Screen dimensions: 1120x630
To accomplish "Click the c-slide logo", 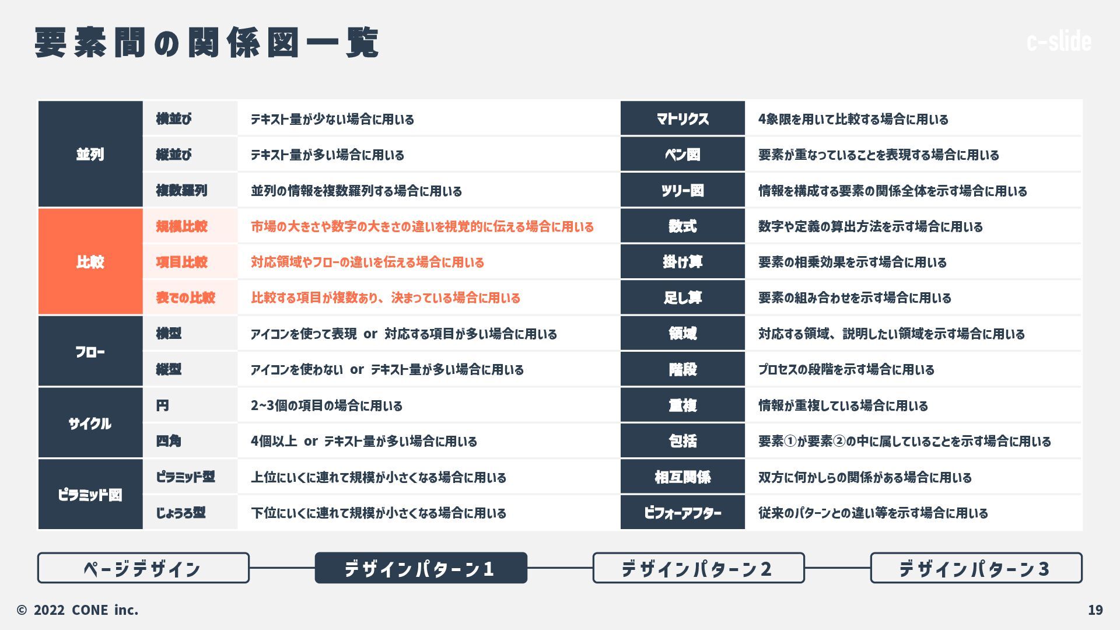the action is click(1058, 41).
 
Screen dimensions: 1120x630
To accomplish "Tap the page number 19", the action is click(1095, 610).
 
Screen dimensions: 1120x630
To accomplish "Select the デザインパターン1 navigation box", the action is click(421, 568).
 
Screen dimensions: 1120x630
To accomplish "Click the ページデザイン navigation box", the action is click(143, 568).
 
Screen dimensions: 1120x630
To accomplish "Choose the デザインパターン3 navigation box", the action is click(975, 568).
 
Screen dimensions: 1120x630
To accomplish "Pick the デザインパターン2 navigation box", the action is click(698, 568).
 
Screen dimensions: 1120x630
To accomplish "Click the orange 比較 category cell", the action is click(90, 262).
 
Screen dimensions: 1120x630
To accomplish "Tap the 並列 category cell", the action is click(90, 154).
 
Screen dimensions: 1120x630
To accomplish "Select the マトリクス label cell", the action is click(682, 118).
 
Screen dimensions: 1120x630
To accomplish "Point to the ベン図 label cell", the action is click(682, 155).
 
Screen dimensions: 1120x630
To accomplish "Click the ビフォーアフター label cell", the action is click(682, 513).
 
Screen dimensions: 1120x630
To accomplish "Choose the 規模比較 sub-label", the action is click(181, 226).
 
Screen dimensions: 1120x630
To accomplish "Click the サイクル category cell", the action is click(90, 423).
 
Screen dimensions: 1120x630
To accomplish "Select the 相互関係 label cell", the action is click(682, 477).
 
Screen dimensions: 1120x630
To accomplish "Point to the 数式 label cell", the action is click(682, 226).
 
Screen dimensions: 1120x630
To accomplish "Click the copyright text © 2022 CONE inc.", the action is click(78, 610).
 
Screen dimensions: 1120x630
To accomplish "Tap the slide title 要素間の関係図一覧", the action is click(207, 43).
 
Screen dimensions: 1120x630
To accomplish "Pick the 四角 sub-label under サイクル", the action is click(169, 441).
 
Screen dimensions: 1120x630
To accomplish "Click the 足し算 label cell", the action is click(682, 297).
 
